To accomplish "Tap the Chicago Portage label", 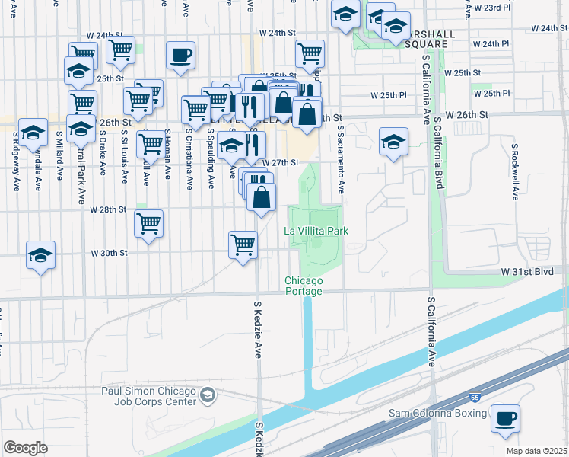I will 304,286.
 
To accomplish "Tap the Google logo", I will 25,447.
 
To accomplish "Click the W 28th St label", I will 107,209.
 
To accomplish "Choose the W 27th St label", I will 280,162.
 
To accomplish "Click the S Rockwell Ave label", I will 515,171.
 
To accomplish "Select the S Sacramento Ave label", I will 342,160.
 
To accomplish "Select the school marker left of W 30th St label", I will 40,255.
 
